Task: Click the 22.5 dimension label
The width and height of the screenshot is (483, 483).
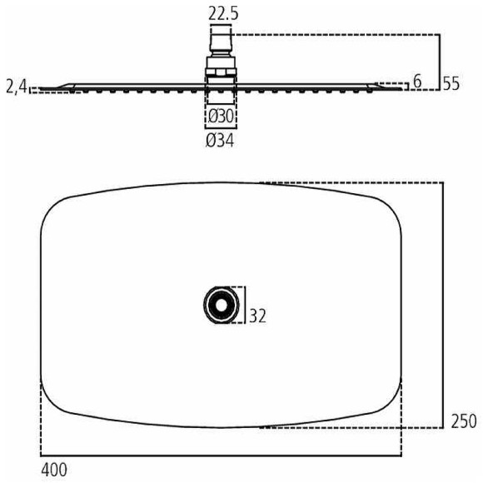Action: [223, 14]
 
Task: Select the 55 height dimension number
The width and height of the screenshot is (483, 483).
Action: [451, 84]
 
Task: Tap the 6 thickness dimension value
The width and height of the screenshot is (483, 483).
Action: [417, 82]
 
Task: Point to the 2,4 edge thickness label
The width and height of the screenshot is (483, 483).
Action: [17, 87]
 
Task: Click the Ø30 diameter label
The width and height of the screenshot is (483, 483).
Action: [221, 117]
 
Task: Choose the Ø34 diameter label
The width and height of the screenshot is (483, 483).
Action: [220, 141]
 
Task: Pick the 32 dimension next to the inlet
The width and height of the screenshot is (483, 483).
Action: [257, 316]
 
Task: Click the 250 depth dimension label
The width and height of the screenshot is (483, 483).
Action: [464, 421]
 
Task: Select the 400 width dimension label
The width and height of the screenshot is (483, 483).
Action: [54, 470]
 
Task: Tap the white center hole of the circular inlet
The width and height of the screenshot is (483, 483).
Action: [221, 305]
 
